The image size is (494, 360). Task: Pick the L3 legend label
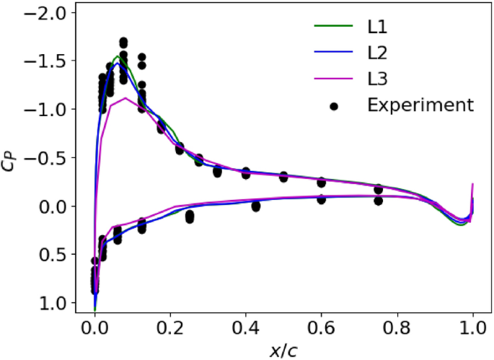click(x=376, y=79)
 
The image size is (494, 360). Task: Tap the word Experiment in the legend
click(x=420, y=105)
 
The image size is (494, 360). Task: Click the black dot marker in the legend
click(x=334, y=106)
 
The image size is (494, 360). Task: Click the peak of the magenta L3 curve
click(x=126, y=98)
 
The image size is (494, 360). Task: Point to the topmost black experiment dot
click(x=123, y=42)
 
